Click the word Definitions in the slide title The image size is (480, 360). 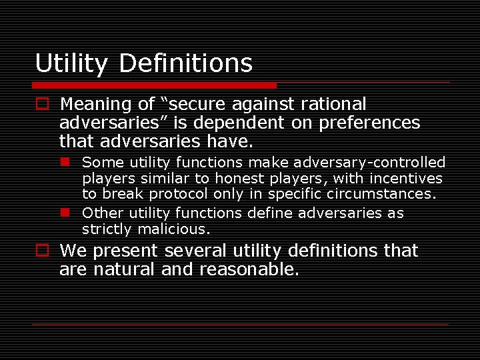pyautogui.click(x=186, y=63)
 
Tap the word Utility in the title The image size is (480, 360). pyautogui.click(x=71, y=64)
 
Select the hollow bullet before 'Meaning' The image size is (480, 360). pyautogui.click(x=42, y=105)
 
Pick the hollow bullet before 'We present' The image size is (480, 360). pyautogui.click(x=42, y=251)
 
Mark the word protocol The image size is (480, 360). pyautogui.click(x=180, y=195)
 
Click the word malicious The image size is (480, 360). pyautogui.click(x=174, y=229)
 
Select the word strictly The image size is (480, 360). pyautogui.click(x=107, y=229)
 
